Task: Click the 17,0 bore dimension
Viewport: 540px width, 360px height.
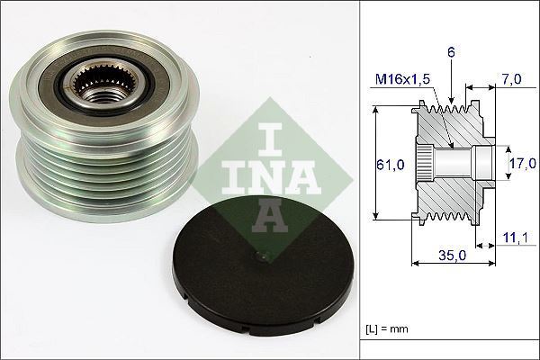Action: [522, 163]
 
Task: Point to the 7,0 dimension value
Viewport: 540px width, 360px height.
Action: [511, 79]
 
